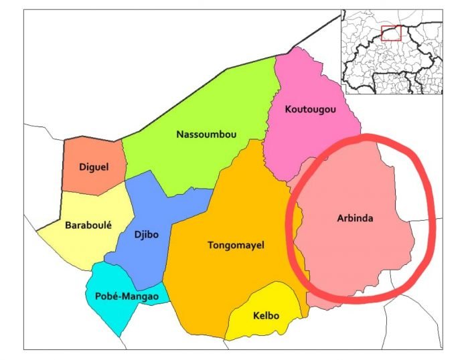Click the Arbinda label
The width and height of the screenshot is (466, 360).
(354, 219)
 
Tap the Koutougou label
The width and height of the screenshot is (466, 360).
(309, 109)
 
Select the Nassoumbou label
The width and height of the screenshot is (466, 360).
(206, 134)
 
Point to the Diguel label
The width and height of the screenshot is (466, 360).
(93, 167)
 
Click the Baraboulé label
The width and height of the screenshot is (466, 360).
(87, 226)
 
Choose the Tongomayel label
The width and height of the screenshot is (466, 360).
(236, 246)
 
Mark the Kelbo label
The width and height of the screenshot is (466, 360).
(266, 316)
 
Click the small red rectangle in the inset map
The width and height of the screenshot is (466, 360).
(390, 33)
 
